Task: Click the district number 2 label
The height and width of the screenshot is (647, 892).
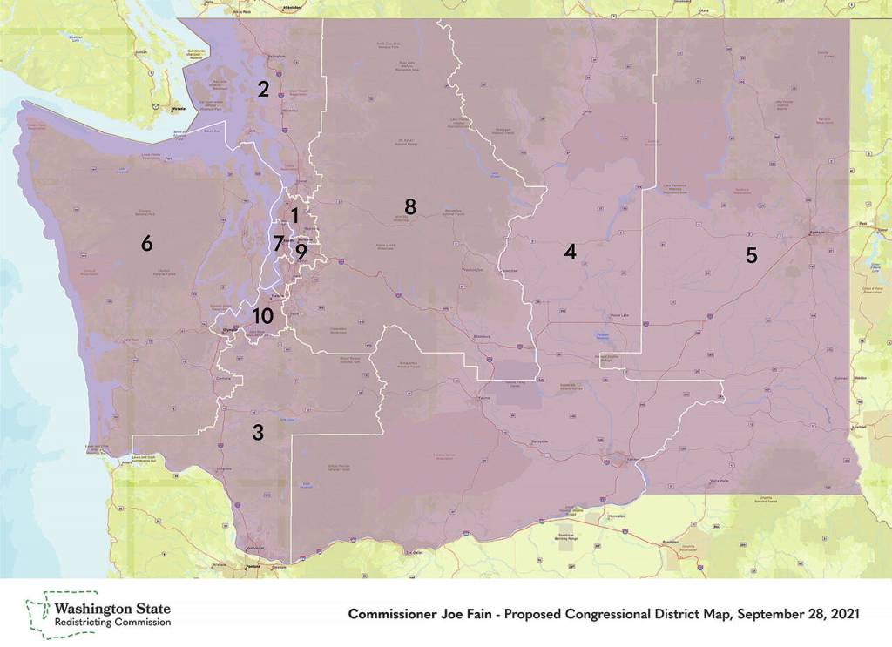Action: pos(261,88)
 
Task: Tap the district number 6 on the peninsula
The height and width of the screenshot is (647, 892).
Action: pos(146,244)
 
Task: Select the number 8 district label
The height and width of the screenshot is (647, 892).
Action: pos(409,207)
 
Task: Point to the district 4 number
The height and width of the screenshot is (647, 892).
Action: pos(570,252)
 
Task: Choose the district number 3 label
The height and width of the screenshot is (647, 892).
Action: pos(258,432)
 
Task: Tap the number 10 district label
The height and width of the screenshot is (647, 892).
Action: pos(262,316)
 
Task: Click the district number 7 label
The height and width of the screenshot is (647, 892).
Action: pos(278,243)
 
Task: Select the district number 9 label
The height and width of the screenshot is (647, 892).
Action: pos(301,252)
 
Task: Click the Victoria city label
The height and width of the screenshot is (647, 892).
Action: pos(179,109)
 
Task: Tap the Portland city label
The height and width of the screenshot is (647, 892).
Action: pos(253,568)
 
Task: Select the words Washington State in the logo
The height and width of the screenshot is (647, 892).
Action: pos(112,608)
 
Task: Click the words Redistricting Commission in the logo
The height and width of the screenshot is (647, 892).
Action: pos(112,623)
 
